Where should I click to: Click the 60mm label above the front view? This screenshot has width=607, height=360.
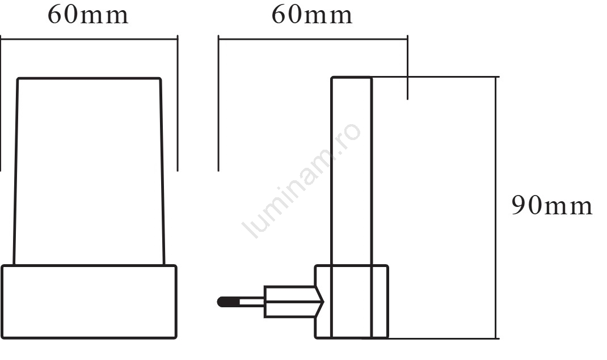click(x=88, y=15)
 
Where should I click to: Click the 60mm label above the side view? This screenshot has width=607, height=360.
click(x=312, y=15)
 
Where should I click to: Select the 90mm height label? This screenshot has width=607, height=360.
click(x=552, y=205)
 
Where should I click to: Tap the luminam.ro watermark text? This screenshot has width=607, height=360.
click(x=302, y=180)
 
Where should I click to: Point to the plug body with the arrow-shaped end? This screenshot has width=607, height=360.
click(x=294, y=302)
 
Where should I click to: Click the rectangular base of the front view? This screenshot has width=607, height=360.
click(x=89, y=302)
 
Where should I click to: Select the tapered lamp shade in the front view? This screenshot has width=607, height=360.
click(x=89, y=171)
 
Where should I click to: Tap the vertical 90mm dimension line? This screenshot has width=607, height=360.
click(x=496, y=207)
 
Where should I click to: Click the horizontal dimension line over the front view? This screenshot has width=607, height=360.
click(x=89, y=39)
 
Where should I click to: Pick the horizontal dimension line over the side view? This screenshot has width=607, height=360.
click(x=313, y=39)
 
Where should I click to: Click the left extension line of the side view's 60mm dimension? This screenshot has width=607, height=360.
click(x=218, y=103)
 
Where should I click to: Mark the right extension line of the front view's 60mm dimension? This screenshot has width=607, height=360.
click(x=178, y=103)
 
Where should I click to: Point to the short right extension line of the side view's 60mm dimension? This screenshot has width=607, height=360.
click(x=408, y=67)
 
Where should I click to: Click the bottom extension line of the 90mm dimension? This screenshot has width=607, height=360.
click(x=431, y=338)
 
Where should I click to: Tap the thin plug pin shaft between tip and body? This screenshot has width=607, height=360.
click(x=252, y=302)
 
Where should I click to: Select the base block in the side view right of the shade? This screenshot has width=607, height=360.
click(x=380, y=302)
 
